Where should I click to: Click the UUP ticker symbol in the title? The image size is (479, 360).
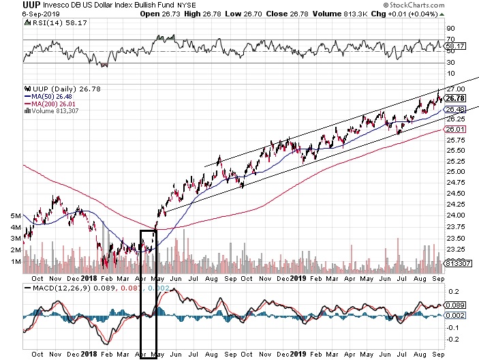[x=12, y=4]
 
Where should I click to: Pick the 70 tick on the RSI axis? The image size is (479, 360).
[x=450, y=40]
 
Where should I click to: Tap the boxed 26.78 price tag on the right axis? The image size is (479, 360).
[x=455, y=98]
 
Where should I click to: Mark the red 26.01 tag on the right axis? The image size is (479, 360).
[x=455, y=129]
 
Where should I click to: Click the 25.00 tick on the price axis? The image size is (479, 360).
[x=455, y=172]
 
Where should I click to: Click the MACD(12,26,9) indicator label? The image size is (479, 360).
[x=53, y=288]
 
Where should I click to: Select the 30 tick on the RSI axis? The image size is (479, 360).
[x=450, y=63]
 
